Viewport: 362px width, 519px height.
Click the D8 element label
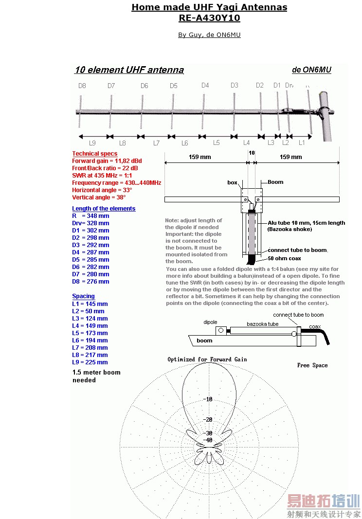(x=82, y=86)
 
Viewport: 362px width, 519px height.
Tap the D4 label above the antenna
(x=205, y=86)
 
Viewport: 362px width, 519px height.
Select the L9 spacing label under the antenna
(x=92, y=143)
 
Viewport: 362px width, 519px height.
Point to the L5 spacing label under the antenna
(x=217, y=143)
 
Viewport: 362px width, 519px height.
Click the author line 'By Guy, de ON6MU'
(x=209, y=35)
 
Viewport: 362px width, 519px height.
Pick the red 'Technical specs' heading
(x=94, y=154)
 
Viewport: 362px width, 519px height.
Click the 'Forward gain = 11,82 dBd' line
(x=107, y=161)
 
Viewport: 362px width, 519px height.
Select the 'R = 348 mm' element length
(x=90, y=216)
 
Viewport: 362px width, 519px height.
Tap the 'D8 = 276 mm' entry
(x=90, y=282)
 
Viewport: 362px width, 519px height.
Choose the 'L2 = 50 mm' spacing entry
(x=88, y=311)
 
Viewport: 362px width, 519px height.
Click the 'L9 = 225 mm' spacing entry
(x=90, y=362)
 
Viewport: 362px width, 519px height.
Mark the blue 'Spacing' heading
(x=83, y=296)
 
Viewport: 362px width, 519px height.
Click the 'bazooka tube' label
(x=263, y=324)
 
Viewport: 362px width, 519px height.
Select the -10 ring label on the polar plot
(x=208, y=399)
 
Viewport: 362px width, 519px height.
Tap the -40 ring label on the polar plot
(x=208, y=440)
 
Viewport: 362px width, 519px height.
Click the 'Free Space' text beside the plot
(x=312, y=365)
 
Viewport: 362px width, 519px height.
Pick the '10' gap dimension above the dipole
(x=252, y=153)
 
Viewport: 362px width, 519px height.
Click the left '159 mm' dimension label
(x=200, y=157)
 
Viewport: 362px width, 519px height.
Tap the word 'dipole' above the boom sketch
(x=210, y=322)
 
